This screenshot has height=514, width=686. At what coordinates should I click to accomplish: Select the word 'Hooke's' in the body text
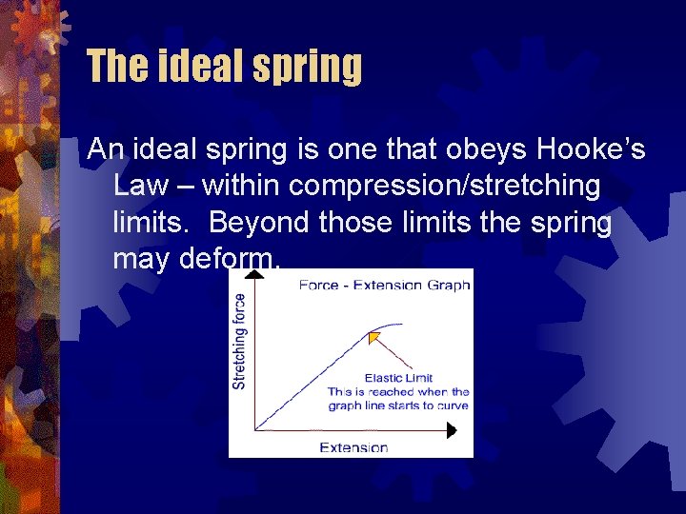tap(591, 149)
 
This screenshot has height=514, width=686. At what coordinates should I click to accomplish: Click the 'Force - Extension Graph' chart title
tap(384, 286)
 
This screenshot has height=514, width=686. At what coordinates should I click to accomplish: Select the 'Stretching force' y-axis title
tap(239, 341)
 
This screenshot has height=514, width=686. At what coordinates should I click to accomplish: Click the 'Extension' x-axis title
tap(353, 447)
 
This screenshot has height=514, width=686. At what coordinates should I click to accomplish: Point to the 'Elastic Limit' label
tap(398, 378)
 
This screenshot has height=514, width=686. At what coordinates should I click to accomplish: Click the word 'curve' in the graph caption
tap(453, 405)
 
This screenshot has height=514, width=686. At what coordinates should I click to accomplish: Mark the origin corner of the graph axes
tap(254, 430)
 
